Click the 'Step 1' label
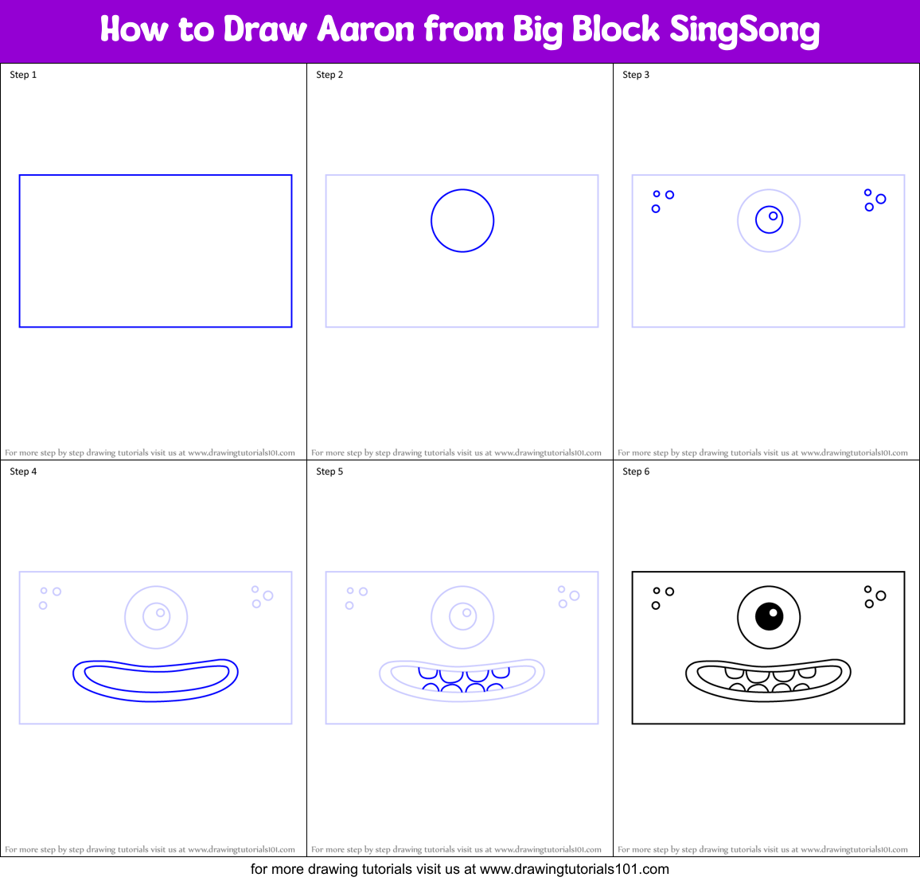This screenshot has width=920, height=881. (23, 75)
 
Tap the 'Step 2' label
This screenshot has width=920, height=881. (329, 75)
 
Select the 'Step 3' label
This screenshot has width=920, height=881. (636, 75)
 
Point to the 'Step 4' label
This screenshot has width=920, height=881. (23, 472)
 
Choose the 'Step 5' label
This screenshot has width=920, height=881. (329, 472)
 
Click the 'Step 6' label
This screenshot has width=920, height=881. (636, 472)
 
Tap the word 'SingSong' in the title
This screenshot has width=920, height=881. (744, 30)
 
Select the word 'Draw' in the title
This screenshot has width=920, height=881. (265, 30)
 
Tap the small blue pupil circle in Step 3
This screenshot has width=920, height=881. (773, 215)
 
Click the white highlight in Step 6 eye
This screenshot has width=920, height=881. (773, 612)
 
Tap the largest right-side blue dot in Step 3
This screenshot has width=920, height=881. (881, 199)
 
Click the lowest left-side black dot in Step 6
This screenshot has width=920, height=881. (656, 606)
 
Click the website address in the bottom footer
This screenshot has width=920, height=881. (575, 869)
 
